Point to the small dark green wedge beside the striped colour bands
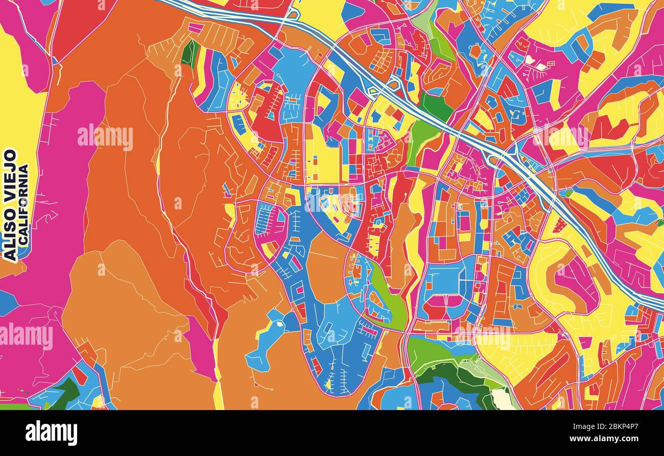(x=190, y=52)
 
